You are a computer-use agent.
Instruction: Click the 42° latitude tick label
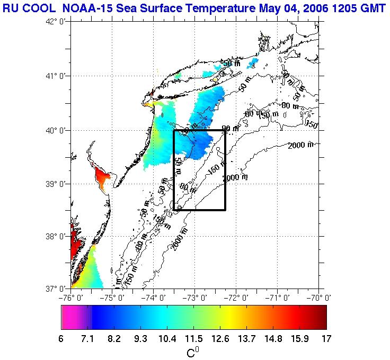[x=56, y=21]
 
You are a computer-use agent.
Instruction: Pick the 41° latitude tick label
[x=56, y=75]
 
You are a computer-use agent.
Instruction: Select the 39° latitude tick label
[x=56, y=184]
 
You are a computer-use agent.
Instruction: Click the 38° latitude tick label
[x=56, y=236]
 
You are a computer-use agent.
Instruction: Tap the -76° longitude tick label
[x=71, y=298]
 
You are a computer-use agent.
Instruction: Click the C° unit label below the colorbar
[x=193, y=352]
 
